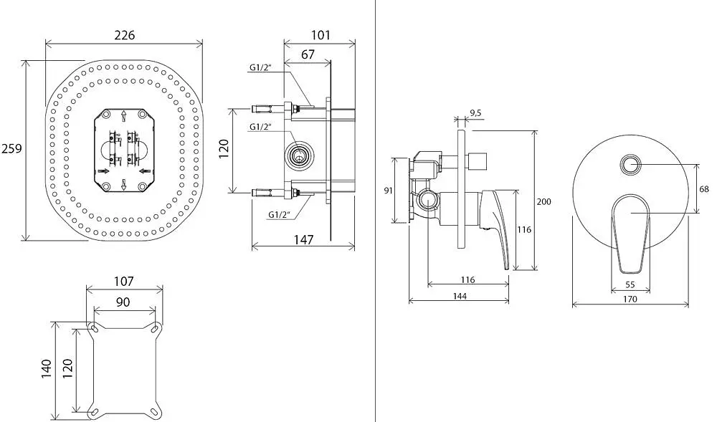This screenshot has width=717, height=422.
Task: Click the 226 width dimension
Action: point(124,34)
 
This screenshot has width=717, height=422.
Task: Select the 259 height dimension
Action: point(11,148)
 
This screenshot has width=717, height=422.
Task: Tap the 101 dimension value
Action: point(320,34)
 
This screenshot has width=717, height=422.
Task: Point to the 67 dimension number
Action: point(308,54)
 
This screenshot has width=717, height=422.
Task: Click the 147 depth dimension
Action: point(303,240)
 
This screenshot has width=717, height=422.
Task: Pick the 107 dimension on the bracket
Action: point(123,281)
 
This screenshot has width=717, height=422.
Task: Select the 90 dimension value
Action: point(123,302)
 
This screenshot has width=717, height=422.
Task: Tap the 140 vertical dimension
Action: point(46,368)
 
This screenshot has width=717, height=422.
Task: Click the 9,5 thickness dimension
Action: point(475,113)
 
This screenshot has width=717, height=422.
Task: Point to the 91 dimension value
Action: point(388,190)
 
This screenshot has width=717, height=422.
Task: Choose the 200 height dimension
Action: point(543,201)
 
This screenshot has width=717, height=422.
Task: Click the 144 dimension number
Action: point(460,297)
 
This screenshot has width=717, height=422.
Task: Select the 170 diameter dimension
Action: point(630,299)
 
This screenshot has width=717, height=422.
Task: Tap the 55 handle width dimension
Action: point(630,284)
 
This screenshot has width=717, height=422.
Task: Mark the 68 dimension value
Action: point(704,188)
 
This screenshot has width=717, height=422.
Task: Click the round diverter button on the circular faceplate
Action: point(631,164)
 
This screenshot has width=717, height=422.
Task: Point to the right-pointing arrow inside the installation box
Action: point(103,171)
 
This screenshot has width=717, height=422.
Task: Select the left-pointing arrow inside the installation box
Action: point(145,171)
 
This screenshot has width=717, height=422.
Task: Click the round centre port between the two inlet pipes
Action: point(300,155)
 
